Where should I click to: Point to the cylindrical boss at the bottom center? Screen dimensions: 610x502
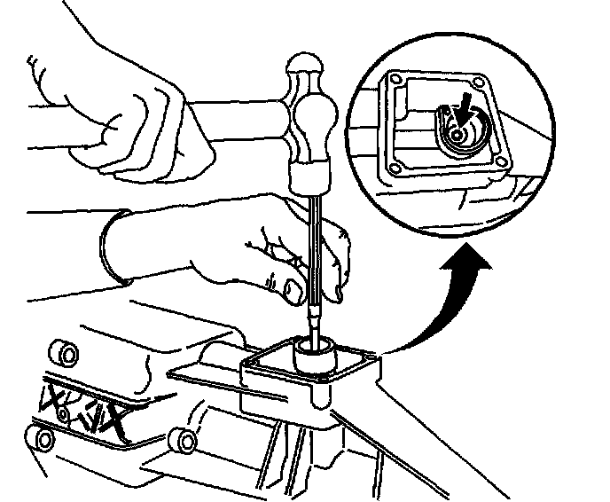point(182,438)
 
